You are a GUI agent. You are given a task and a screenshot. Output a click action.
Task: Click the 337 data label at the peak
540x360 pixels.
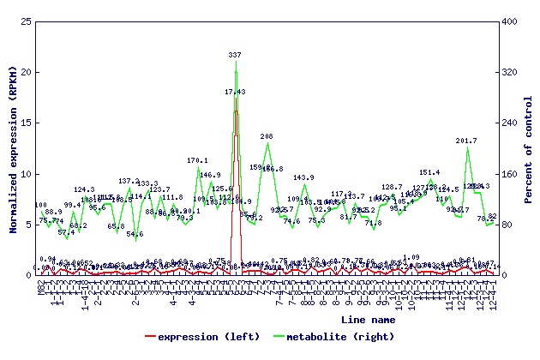pyautogui.click(x=235, y=54)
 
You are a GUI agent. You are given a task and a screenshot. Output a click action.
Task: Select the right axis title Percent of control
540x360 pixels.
pyautogui.click(x=529, y=147)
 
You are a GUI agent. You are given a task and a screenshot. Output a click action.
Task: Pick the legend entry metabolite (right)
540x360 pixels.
pyautogui.click(x=349, y=337)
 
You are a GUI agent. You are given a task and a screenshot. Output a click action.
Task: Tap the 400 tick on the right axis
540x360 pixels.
pyautogui.click(x=509, y=21)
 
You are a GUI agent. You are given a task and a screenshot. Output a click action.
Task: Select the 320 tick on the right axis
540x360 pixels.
pyautogui.click(x=509, y=72)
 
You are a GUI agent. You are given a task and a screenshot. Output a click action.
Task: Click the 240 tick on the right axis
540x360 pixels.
pyautogui.click(x=509, y=123)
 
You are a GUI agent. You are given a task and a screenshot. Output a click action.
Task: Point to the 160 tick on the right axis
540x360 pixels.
pyautogui.click(x=509, y=174)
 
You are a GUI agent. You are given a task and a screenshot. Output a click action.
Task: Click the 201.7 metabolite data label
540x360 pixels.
pyautogui.click(x=466, y=141)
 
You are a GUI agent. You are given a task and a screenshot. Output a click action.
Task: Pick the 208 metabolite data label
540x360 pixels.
pyautogui.click(x=267, y=136)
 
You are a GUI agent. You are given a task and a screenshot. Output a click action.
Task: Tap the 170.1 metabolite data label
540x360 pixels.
pyautogui.click(x=198, y=160)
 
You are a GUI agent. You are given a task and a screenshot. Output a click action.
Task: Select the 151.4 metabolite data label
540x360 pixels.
pyautogui.click(x=430, y=172)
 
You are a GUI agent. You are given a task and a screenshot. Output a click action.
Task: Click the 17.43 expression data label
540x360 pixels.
pyautogui.click(x=235, y=92)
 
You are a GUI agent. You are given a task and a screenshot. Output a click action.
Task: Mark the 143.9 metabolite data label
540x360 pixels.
pyautogui.click(x=303, y=177)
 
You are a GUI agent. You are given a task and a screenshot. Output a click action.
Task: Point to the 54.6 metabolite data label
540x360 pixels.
pyautogui.click(x=135, y=234)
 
